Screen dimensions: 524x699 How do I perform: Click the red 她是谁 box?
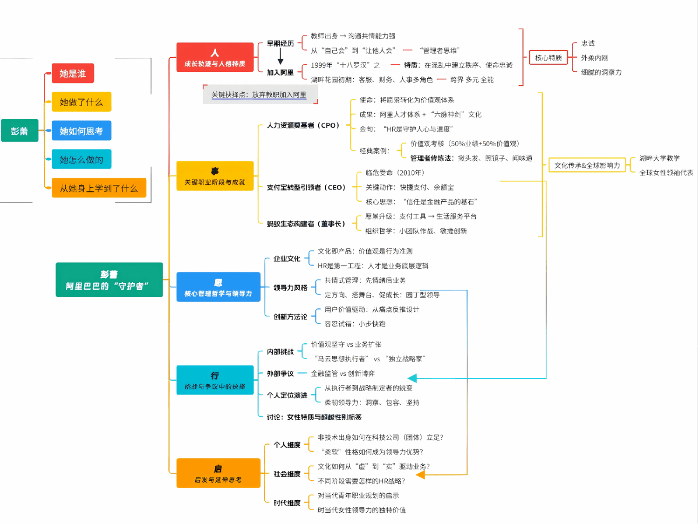(73, 74)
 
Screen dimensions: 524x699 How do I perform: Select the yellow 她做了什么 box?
(81, 102)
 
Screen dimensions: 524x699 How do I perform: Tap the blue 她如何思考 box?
(81, 131)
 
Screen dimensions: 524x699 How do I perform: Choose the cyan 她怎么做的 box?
(81, 159)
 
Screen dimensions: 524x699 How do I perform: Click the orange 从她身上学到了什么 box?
(99, 188)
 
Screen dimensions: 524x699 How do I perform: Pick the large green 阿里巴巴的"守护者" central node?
(109, 280)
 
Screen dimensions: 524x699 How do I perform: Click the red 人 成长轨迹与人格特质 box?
(215, 57)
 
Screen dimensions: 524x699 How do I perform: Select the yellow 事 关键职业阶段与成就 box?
(215, 176)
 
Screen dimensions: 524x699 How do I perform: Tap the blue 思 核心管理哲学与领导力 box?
(218, 287)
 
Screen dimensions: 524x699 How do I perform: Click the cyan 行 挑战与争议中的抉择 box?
(215, 380)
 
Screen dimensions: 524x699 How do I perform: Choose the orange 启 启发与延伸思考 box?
(218, 473)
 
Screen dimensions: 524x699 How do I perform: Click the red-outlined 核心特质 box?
(548, 58)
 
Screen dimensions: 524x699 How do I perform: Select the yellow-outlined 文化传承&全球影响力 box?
(587, 165)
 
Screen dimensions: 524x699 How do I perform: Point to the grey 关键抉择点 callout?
(259, 95)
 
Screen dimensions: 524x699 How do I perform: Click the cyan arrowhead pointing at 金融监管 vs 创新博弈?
(412, 378)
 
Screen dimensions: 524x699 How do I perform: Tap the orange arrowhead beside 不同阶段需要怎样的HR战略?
(420, 475)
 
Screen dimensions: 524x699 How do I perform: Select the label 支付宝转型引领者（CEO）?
(306, 187)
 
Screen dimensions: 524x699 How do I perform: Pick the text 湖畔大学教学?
(659, 158)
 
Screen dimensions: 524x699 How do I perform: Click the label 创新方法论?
(290, 317)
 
